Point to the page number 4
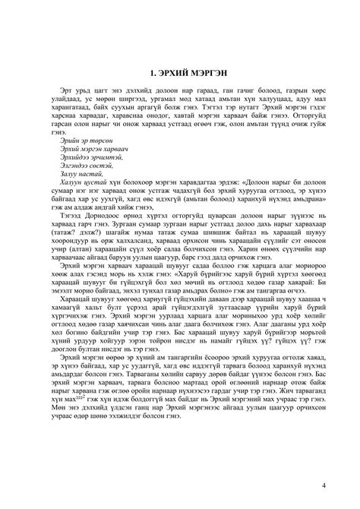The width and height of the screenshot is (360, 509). pyautogui.click(x=324, y=485)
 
